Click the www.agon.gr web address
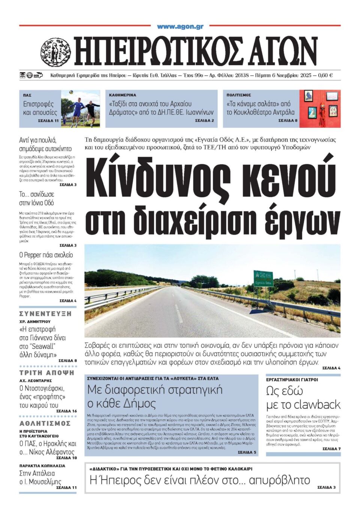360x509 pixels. [180, 27]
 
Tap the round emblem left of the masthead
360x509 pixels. [55, 52]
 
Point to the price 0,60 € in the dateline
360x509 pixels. [325, 75]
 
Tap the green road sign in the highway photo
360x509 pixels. [263, 279]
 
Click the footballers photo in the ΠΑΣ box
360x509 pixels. [80, 108]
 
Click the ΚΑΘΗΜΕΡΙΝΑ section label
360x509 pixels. [123, 95]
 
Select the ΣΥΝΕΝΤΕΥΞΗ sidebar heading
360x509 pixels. [45, 314]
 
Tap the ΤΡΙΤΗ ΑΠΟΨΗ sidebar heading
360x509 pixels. [47, 373]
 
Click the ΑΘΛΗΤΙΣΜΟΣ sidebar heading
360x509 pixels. [45, 423]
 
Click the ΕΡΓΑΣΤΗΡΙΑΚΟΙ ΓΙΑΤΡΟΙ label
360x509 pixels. [292, 380]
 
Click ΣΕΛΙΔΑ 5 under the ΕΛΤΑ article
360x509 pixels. [247, 452]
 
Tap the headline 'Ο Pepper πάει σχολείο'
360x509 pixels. [46, 255]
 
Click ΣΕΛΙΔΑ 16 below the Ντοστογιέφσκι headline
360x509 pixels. [66, 411]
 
